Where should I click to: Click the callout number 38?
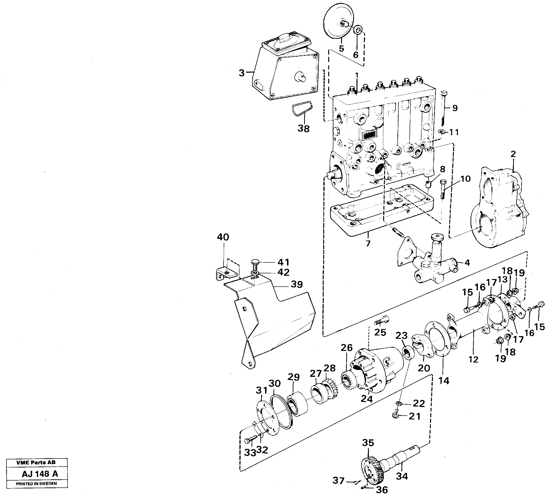coord(303,128)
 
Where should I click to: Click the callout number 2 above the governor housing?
coord(513,154)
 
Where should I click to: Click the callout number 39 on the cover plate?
coord(297,285)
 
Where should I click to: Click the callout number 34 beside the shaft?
coord(402,476)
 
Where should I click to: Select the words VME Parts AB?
coord(36,462)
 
